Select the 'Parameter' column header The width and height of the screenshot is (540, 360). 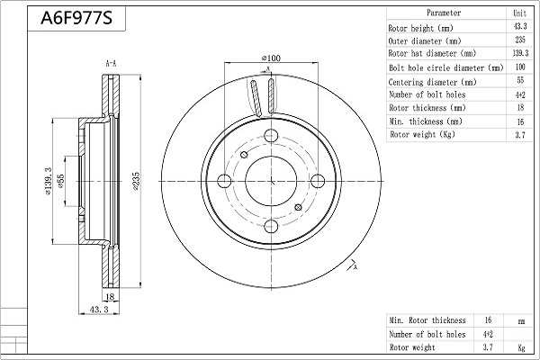click(x=444, y=13)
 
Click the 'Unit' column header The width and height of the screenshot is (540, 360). click(x=519, y=13)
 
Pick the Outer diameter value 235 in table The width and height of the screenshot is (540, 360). click(x=519, y=40)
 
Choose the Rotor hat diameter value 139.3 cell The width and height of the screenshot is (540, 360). click(x=519, y=53)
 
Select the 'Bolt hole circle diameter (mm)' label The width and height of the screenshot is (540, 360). click(x=445, y=67)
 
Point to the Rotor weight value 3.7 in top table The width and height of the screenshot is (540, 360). click(x=519, y=134)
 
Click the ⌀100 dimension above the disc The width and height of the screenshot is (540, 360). click(x=271, y=58)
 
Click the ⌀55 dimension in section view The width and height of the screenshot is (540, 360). click(x=61, y=181)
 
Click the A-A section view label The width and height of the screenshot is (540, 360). click(x=111, y=64)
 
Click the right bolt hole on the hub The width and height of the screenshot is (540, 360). click(x=317, y=180)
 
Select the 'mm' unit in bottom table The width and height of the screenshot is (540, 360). click(x=521, y=319)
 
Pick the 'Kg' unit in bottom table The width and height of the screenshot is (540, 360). click(x=521, y=346)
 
